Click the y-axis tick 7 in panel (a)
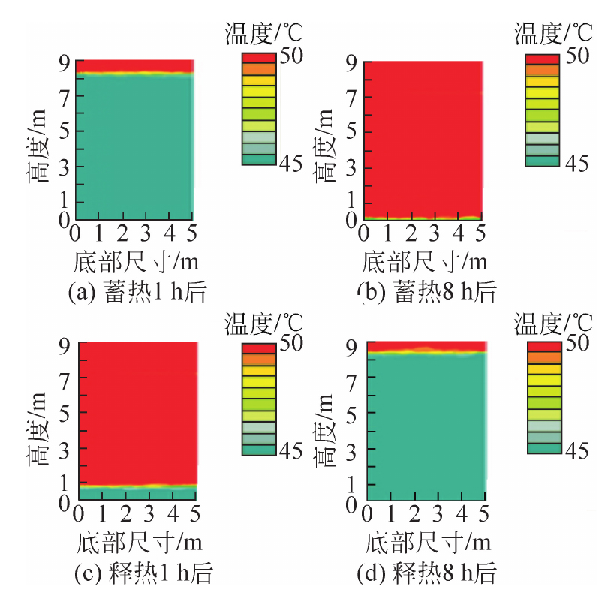tap(64, 97)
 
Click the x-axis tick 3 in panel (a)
tap(145, 230)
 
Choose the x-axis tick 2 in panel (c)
tap(125, 513)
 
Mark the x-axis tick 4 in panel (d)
tap(462, 514)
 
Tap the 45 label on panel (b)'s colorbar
tap(579, 164)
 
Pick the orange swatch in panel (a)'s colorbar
tap(258, 69)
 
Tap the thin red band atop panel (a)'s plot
tap(134, 65)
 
